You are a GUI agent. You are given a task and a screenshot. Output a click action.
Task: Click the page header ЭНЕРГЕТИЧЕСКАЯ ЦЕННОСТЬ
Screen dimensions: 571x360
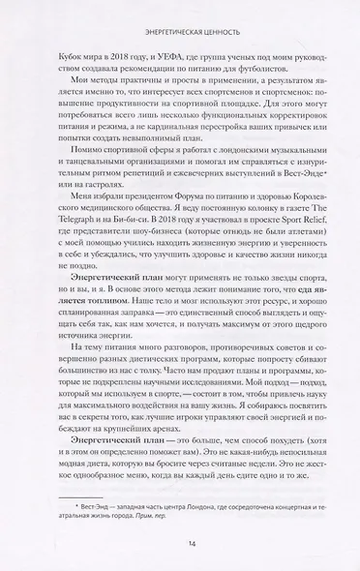pyautogui.click(x=179, y=14)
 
